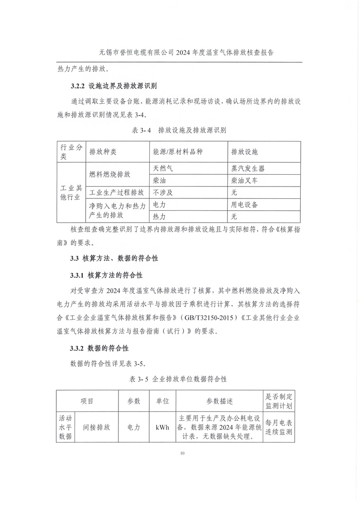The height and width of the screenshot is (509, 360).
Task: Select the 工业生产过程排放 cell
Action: [117, 193]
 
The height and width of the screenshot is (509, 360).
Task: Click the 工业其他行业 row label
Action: [71, 193]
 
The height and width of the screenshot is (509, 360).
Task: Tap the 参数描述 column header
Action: [219, 401]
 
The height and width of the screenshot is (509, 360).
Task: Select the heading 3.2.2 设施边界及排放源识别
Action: [113, 87]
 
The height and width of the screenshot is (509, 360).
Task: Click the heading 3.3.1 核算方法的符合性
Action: [107, 275]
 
